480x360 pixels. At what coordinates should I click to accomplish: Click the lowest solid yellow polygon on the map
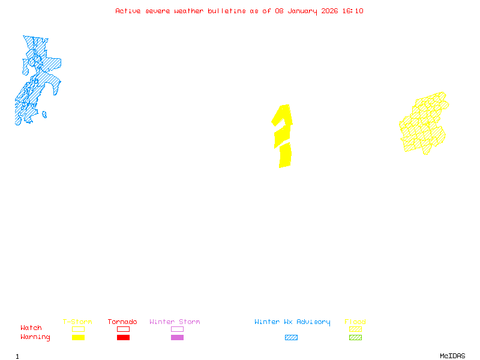(285, 155)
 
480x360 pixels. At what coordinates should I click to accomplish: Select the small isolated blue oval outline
(44, 114)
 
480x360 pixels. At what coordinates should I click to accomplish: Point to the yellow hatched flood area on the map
(424, 123)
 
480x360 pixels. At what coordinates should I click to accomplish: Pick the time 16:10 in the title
(353, 11)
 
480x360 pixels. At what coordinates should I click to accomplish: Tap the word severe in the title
(159, 11)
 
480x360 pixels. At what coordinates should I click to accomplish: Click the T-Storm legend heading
(77, 322)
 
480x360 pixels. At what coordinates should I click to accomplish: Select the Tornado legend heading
(122, 322)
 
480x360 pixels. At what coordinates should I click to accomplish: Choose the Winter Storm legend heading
(175, 322)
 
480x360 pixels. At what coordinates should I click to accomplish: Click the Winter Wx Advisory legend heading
(292, 322)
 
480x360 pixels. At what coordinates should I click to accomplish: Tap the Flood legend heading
(355, 322)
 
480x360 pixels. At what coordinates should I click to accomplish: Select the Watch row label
(31, 328)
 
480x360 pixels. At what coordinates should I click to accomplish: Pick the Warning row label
(35, 337)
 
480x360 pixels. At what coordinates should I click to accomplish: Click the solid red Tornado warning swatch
(123, 338)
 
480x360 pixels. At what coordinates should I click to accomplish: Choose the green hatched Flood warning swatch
(355, 338)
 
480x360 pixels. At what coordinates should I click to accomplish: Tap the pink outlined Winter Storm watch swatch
(177, 329)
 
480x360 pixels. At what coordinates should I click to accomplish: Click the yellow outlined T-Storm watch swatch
(78, 329)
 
